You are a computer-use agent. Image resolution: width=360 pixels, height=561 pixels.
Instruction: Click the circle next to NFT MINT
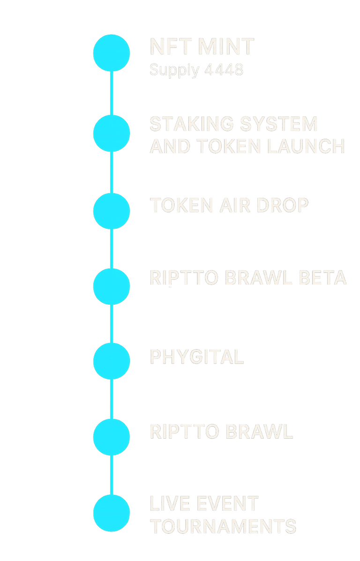112,53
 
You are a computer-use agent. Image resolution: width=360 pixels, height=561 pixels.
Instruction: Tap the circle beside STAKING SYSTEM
112,133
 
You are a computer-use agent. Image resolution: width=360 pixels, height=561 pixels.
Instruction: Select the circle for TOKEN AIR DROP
112,210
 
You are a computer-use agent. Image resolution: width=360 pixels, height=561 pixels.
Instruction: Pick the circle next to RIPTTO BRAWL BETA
112,286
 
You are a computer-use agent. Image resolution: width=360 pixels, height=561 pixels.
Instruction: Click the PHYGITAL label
197,357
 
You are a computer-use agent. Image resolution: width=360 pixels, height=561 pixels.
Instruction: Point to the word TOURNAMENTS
223,526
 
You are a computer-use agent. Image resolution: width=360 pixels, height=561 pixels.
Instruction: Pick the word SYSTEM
285,125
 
